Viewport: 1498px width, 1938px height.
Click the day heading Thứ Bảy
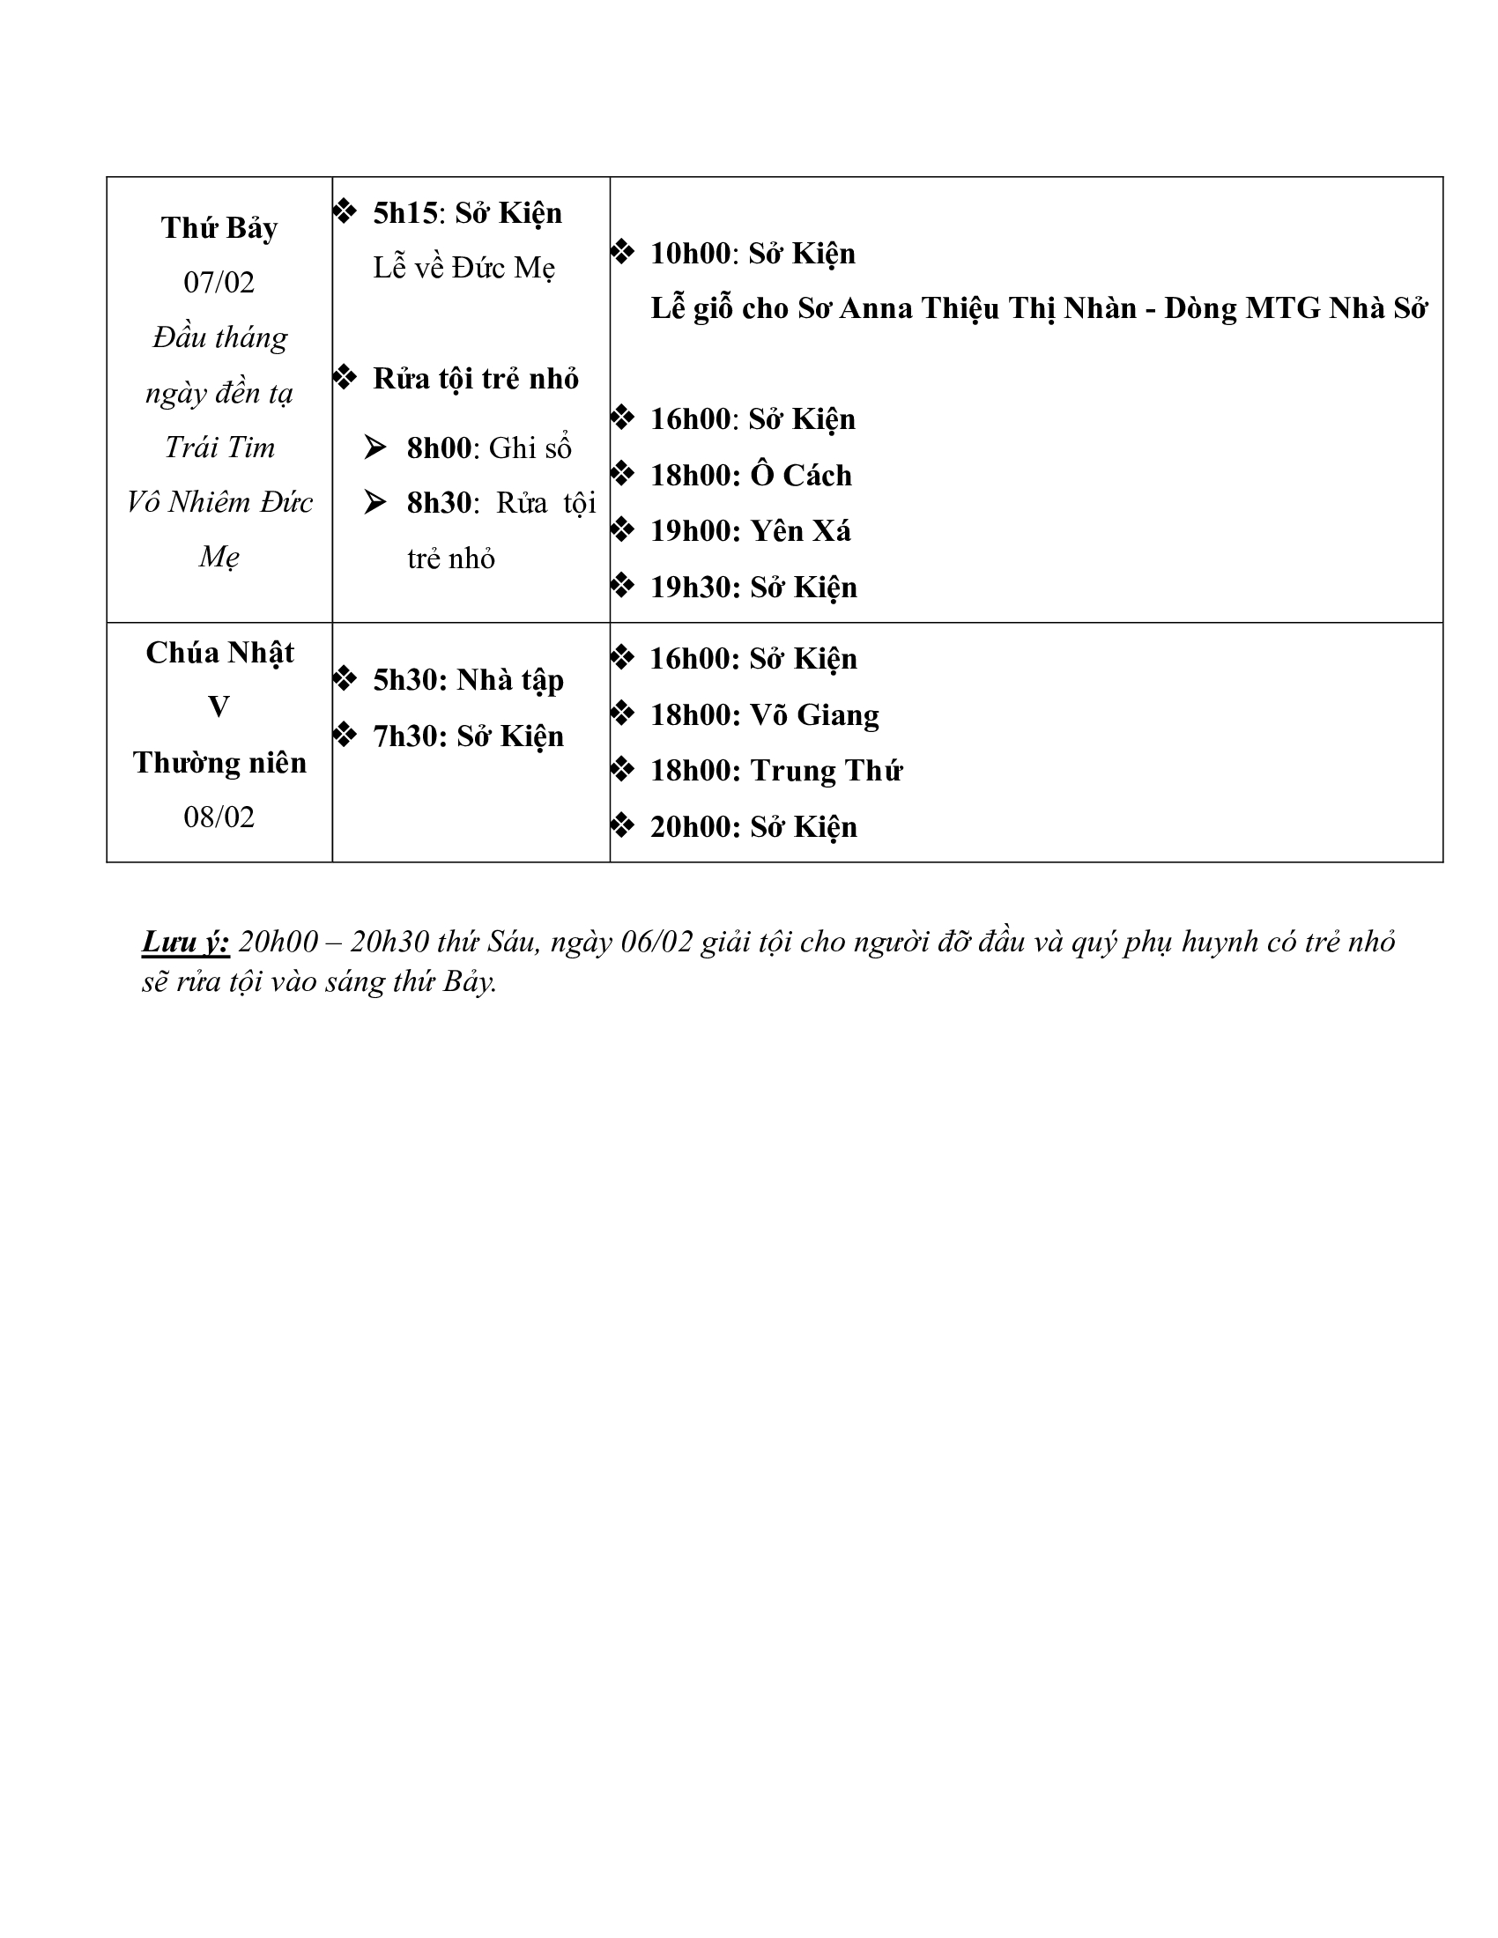(x=219, y=228)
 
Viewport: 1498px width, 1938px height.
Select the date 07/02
(x=219, y=282)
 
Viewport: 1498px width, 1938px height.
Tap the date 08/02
(x=219, y=817)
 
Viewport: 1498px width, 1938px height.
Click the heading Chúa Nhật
(x=219, y=653)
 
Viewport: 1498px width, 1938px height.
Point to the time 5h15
(x=405, y=213)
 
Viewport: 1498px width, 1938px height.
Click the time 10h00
(x=690, y=254)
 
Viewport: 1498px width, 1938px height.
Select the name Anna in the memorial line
(x=875, y=309)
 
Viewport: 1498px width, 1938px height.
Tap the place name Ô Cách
(x=800, y=476)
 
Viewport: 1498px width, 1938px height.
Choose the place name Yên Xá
(x=800, y=530)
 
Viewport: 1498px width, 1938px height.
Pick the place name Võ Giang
(x=815, y=715)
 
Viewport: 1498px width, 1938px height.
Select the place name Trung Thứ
(x=827, y=771)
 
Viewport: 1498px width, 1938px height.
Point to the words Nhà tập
(x=510, y=681)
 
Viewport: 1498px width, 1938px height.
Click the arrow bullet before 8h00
(x=375, y=448)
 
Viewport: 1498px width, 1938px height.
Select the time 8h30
(x=440, y=503)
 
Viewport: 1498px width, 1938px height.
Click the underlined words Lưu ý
(x=185, y=942)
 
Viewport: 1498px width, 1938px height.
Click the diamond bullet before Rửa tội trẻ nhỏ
(x=345, y=378)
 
